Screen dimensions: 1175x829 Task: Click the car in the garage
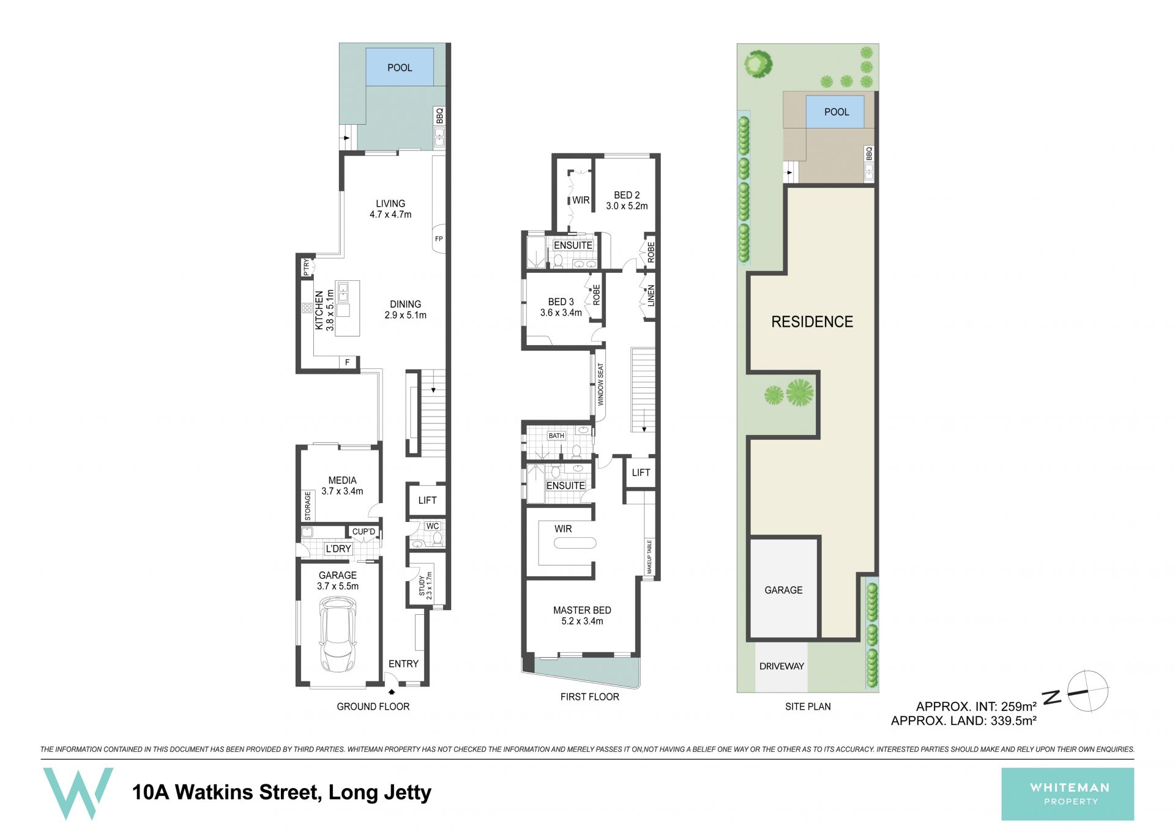338,635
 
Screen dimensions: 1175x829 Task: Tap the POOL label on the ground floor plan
400,68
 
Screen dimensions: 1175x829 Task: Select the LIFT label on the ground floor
427,500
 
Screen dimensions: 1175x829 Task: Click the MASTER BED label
582,610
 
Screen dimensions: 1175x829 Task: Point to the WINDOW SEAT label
600,384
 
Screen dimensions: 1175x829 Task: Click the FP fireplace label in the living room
439,239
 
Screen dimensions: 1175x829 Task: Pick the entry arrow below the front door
392,692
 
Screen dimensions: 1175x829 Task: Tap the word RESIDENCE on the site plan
812,322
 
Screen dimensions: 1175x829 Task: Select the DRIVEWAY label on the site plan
781,666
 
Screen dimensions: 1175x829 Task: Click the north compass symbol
1087,691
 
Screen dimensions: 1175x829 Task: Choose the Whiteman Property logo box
1067,794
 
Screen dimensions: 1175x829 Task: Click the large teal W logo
78,794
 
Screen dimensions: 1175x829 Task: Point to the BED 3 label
561,302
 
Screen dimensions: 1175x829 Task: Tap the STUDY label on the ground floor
422,586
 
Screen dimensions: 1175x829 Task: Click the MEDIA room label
342,480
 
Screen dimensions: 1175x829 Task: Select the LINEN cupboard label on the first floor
651,296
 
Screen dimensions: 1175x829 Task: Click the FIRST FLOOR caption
589,697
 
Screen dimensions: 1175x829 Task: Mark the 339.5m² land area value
1013,721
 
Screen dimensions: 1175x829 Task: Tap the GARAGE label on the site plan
783,590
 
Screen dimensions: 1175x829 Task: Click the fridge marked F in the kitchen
348,363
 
